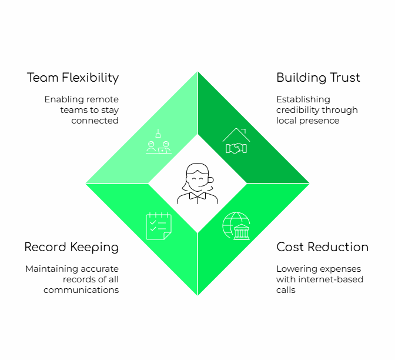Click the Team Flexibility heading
click(x=73, y=78)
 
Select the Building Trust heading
click(x=318, y=78)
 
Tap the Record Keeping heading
click(x=72, y=247)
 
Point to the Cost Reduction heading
click(x=323, y=247)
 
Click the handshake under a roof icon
click(x=236, y=141)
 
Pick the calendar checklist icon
click(x=159, y=226)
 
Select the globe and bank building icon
click(x=236, y=226)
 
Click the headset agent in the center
click(x=197, y=184)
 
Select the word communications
click(x=81, y=290)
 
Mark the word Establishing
click(x=303, y=99)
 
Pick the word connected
click(x=95, y=121)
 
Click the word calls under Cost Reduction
click(x=286, y=290)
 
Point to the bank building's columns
click(x=242, y=234)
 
